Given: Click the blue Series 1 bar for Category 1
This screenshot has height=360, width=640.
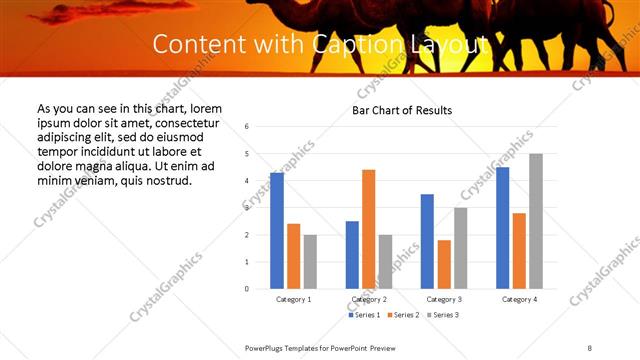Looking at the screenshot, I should click(x=277, y=231).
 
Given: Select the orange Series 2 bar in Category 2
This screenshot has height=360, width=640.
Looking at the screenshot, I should click(x=369, y=229).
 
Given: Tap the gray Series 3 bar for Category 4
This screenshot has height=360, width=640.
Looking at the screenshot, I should click(x=536, y=221).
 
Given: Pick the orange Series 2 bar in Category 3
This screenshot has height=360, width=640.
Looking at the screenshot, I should click(x=444, y=264).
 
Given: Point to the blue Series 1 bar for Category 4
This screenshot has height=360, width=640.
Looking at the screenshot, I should click(x=502, y=228).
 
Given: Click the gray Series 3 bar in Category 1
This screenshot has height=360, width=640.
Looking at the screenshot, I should click(x=310, y=262).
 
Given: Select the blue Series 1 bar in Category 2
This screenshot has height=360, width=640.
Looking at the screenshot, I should click(x=352, y=255).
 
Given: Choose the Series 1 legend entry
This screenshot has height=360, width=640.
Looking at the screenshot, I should click(x=364, y=315).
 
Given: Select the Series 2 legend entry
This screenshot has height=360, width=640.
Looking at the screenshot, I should click(x=402, y=315).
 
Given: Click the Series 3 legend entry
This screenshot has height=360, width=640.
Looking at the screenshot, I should click(x=441, y=315).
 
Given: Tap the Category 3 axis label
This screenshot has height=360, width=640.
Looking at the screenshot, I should click(x=444, y=299).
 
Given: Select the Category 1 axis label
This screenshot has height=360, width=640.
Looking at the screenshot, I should click(x=294, y=299).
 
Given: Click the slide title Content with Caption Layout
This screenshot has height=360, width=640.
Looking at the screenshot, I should click(x=320, y=44).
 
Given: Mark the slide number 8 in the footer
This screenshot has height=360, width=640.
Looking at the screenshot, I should click(x=590, y=347).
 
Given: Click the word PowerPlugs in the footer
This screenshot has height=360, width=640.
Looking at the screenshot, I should click(x=266, y=347).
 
